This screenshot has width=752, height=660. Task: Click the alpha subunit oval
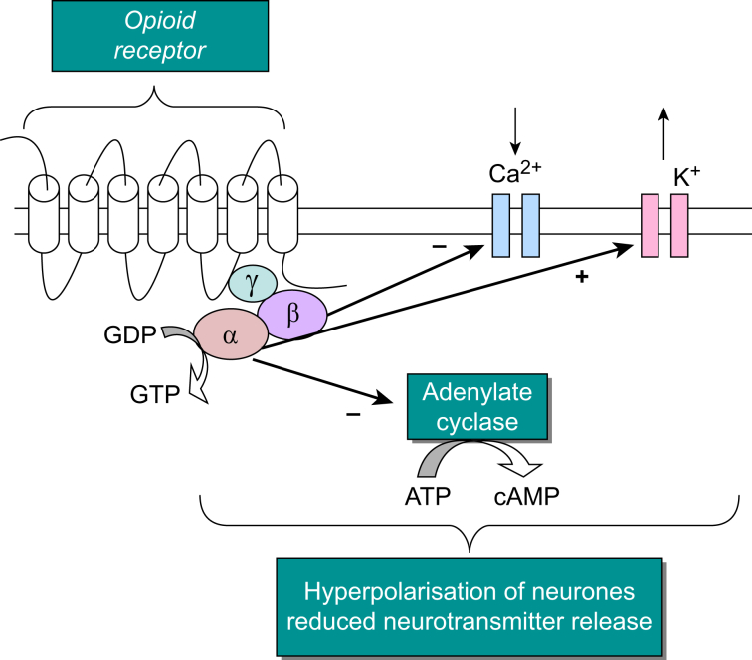(231, 335)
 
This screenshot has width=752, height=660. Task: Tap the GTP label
(154, 395)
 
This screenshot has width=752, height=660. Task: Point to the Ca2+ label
(516, 172)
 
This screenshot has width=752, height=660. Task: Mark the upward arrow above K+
(664, 131)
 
